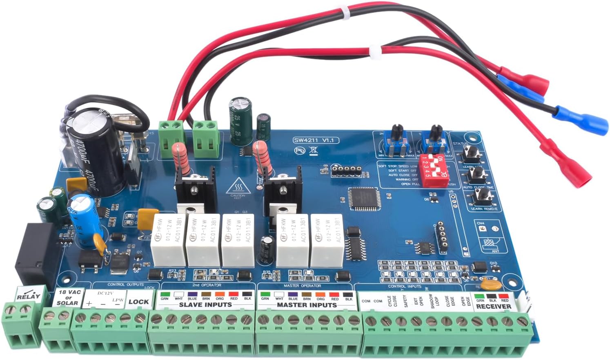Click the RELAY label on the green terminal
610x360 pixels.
(29, 297)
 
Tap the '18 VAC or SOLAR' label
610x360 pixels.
(68, 298)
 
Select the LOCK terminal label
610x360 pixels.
(138, 302)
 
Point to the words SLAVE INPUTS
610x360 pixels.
(205, 304)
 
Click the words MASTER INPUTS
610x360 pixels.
(307, 304)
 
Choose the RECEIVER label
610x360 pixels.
(494, 306)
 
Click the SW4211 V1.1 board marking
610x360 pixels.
(316, 140)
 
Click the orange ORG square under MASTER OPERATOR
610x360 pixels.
(321, 294)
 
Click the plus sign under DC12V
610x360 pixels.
(89, 303)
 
